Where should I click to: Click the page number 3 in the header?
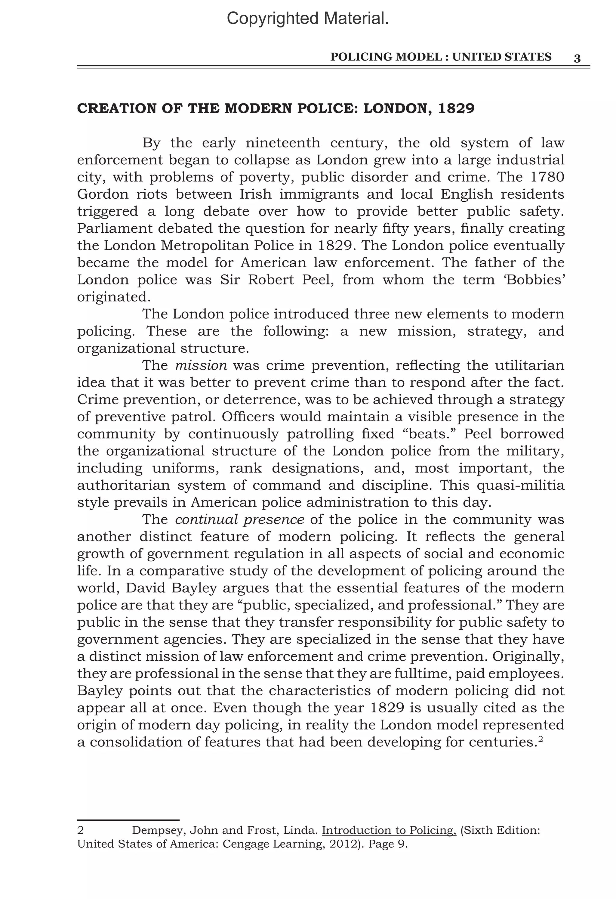click(577, 58)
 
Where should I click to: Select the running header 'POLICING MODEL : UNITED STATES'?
click(440, 57)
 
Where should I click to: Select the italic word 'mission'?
click(201, 365)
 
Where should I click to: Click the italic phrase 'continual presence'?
click(239, 519)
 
